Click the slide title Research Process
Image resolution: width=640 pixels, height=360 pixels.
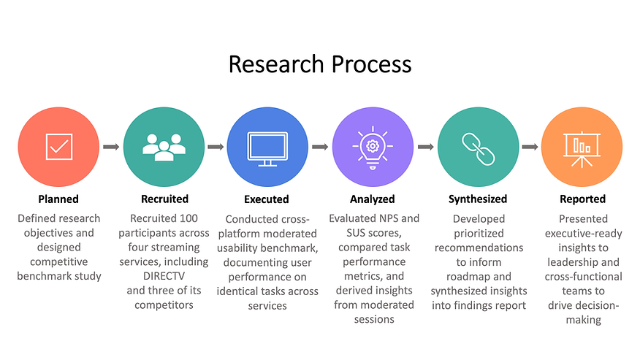[320, 64]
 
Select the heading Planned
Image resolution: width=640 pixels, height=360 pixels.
[58, 199]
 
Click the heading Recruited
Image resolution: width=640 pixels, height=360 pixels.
[164, 199]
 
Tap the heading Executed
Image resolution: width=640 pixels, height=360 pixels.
[267, 199]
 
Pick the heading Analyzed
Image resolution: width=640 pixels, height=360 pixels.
[372, 199]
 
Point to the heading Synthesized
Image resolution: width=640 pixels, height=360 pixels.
[478, 199]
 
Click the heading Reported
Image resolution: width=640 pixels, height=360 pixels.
[582, 199]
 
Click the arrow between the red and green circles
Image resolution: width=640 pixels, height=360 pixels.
[111, 147]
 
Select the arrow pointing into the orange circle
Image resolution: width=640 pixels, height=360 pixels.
[530, 147]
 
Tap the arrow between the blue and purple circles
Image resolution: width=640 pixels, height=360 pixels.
[319, 147]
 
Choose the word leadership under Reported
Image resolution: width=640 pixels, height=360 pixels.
[575, 261]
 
